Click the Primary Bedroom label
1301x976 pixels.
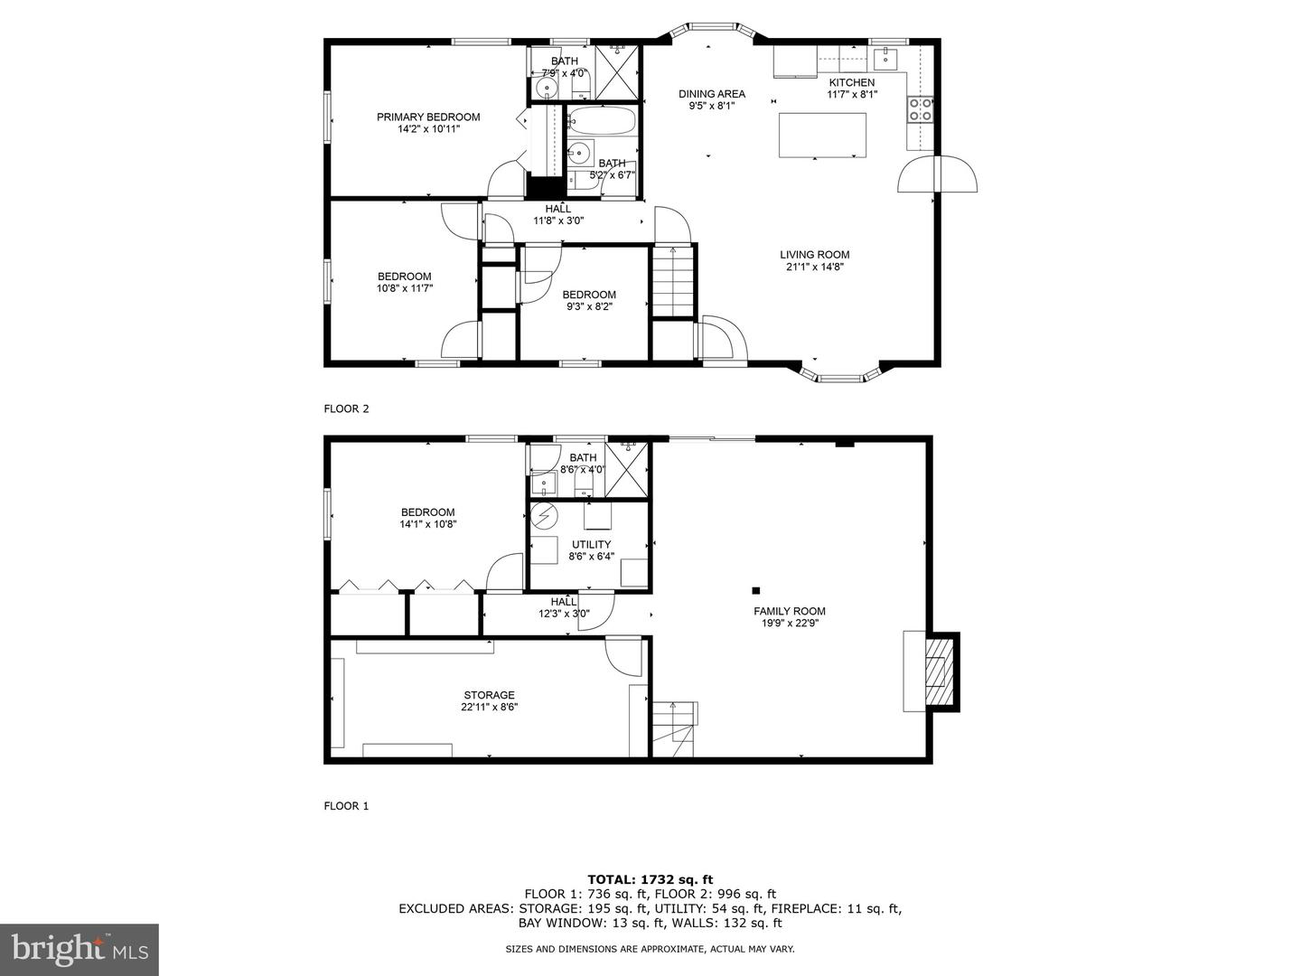pyautogui.click(x=428, y=117)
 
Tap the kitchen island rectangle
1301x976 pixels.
pyautogui.click(x=822, y=136)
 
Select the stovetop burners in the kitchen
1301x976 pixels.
pyautogui.click(x=921, y=109)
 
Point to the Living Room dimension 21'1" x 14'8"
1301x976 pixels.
pyautogui.click(x=815, y=267)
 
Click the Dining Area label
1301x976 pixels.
pyautogui.click(x=712, y=94)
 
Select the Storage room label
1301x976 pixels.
pyautogui.click(x=489, y=695)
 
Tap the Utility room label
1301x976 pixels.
pyautogui.click(x=591, y=545)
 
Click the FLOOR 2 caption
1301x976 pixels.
pyautogui.click(x=346, y=408)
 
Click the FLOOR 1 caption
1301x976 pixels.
pyautogui.click(x=346, y=806)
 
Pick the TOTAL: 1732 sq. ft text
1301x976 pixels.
pyautogui.click(x=650, y=879)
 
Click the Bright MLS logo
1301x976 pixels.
pyautogui.click(x=80, y=949)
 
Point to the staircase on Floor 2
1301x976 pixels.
pyautogui.click(x=672, y=281)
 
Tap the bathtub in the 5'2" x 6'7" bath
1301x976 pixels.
pyautogui.click(x=601, y=119)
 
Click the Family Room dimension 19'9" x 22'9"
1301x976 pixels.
pyautogui.click(x=790, y=623)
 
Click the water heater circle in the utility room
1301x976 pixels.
pyautogui.click(x=544, y=515)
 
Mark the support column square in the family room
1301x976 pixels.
pyautogui.click(x=755, y=591)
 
